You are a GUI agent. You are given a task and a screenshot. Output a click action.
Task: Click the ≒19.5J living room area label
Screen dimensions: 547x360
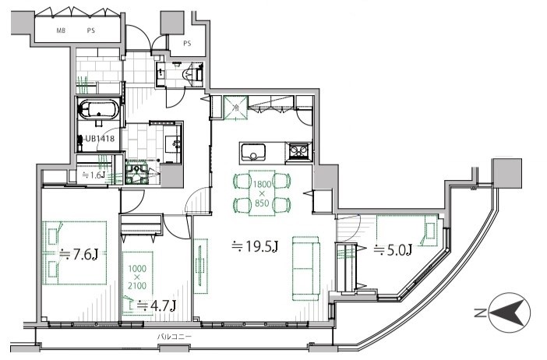click(255, 247)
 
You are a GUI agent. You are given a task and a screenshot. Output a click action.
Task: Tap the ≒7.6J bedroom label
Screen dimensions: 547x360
click(78, 254)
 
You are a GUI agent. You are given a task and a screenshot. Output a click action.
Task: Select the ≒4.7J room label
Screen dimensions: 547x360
click(156, 305)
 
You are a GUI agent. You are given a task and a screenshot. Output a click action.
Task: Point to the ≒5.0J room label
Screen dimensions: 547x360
click(393, 250)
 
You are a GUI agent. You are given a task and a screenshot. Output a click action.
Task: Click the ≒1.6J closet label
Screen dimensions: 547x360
click(94, 175)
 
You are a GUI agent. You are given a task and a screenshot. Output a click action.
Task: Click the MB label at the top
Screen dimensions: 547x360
click(61, 30)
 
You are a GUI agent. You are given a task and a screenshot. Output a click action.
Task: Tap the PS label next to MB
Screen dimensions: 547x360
click(90, 30)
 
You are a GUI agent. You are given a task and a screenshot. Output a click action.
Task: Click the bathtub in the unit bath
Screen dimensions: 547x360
click(99, 109)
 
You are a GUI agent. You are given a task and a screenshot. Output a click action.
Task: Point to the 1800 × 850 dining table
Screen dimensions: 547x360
click(262, 193)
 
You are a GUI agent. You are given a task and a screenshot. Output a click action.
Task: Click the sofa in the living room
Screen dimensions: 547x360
click(306, 268)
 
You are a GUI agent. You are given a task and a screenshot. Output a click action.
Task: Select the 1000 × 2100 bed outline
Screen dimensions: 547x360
click(137, 284)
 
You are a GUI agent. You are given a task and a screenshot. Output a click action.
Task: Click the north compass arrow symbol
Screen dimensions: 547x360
click(510, 312)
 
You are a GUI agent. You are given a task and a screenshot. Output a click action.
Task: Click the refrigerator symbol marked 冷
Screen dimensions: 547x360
click(236, 108)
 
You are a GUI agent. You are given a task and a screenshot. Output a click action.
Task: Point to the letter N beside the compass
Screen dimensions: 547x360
click(479, 313)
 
